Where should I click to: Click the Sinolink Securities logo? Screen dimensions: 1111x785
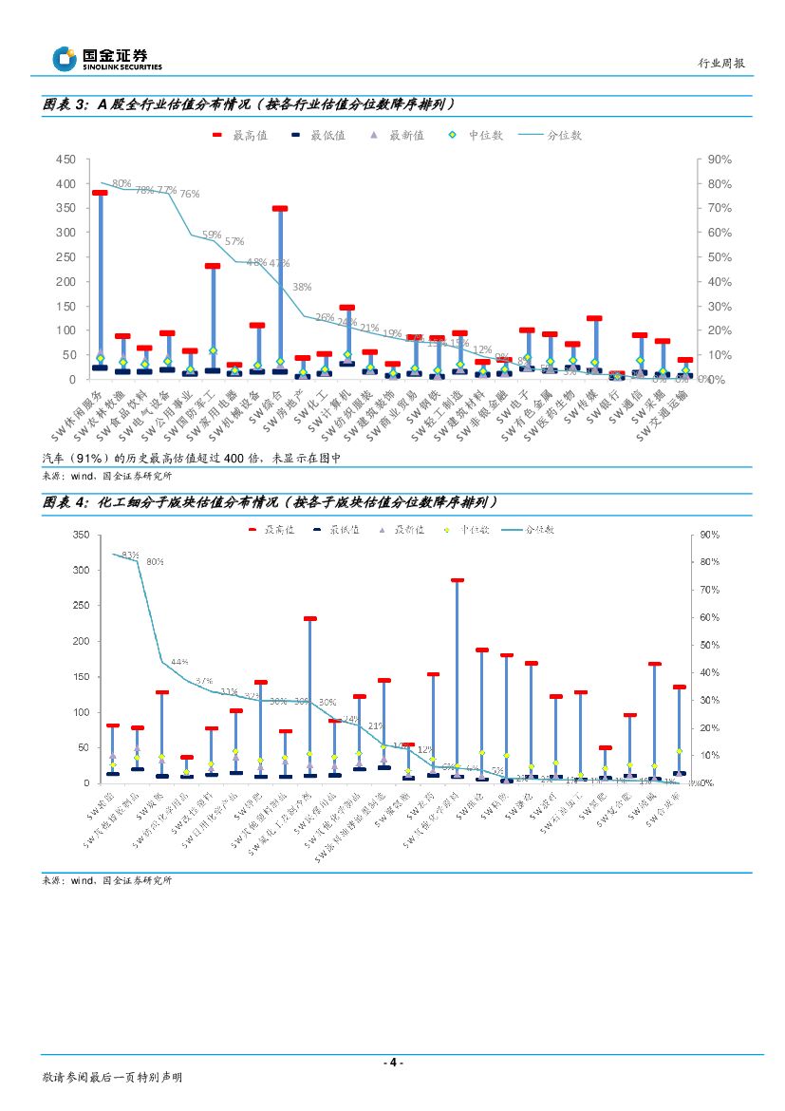click(x=106, y=60)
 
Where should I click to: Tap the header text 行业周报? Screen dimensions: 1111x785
click(x=721, y=64)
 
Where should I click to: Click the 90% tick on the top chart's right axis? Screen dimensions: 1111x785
click(x=720, y=160)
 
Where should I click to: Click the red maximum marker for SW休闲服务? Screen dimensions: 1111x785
click(x=99, y=193)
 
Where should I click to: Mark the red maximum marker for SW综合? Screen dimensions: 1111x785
click(x=279, y=208)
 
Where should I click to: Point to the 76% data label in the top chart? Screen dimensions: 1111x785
click(x=189, y=194)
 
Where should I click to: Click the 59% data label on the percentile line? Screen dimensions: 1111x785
click(x=211, y=235)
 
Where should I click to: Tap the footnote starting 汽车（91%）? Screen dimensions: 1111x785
click(x=191, y=458)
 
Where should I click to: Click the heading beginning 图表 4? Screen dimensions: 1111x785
click(x=271, y=501)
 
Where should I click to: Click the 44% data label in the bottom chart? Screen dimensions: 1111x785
click(x=179, y=662)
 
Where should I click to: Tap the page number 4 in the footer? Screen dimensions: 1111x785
click(x=393, y=1063)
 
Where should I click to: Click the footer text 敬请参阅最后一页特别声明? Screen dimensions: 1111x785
click(x=112, y=1078)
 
